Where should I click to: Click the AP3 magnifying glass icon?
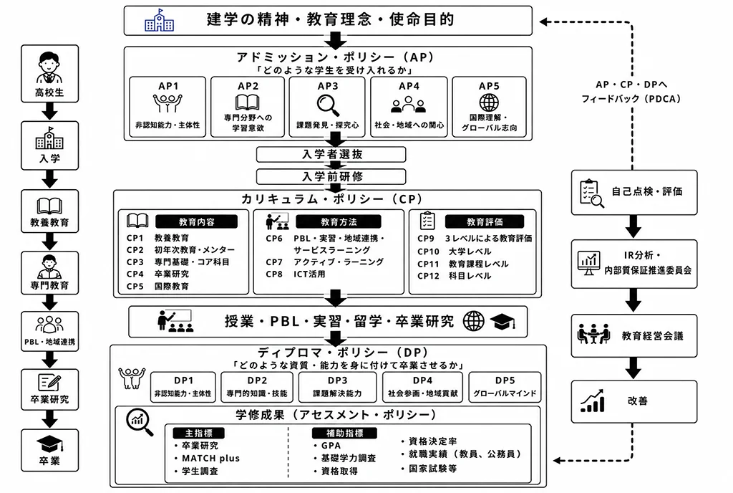(328, 105)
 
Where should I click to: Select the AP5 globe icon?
(489, 102)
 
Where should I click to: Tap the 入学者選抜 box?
(331, 154)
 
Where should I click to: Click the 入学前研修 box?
(331, 176)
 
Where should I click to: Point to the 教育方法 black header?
(339, 221)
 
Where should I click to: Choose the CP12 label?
(428, 276)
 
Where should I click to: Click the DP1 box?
(183, 387)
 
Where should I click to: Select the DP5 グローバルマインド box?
(505, 387)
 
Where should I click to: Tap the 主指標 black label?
(199, 433)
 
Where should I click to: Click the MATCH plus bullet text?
(210, 459)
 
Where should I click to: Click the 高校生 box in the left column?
(49, 73)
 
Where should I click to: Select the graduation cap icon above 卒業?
(50, 444)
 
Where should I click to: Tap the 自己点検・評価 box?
(634, 193)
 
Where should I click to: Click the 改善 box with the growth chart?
(634, 402)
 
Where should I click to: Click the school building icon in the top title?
(159, 21)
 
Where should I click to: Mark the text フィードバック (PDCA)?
(631, 99)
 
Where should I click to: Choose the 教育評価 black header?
(485, 221)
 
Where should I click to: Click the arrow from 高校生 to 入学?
(49, 111)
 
